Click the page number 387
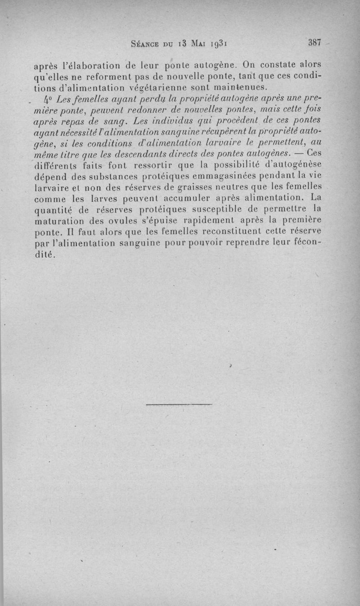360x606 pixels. (314, 43)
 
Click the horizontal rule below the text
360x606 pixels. (179, 404)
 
